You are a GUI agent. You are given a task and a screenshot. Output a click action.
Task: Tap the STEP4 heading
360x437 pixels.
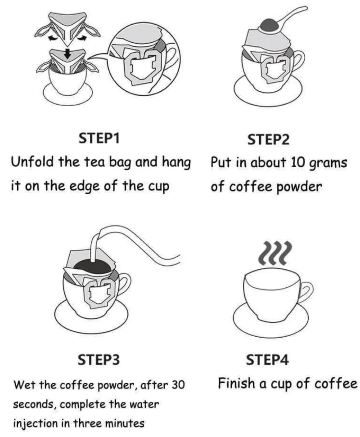268,360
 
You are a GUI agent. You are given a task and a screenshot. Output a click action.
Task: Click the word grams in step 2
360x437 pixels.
328,163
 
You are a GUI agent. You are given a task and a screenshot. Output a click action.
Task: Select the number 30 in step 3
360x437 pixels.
176,385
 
